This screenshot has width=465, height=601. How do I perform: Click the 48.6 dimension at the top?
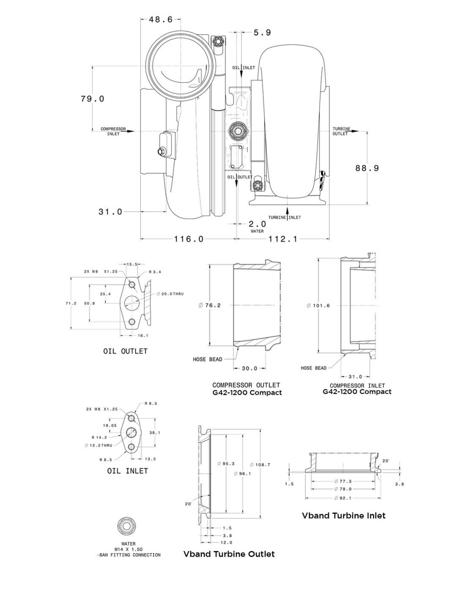tap(161, 19)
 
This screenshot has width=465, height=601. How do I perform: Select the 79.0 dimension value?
tap(93, 98)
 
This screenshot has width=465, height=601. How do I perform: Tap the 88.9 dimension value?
tap(367, 168)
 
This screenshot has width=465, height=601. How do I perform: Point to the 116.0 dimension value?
tap(189, 239)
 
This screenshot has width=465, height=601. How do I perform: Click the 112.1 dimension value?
tap(283, 239)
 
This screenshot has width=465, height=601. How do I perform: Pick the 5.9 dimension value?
tap(262, 33)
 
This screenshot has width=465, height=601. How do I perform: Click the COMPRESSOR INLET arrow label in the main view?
tap(113, 131)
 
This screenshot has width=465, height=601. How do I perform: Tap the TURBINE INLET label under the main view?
tap(284, 217)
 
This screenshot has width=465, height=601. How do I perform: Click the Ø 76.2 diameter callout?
tap(209, 305)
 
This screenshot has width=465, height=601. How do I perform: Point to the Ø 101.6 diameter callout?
tap(318, 306)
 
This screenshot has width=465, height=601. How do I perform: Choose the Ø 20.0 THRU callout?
tap(170, 294)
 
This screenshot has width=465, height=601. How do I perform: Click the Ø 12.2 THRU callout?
tap(98, 445)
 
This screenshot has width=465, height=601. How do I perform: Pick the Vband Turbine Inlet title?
tap(344, 515)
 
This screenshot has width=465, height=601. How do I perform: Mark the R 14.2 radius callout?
tap(100, 437)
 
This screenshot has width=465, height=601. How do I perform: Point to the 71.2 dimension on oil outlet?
tap(71, 303)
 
